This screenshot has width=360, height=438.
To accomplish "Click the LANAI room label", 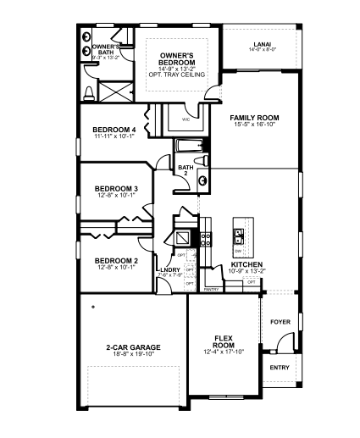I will click(262, 44).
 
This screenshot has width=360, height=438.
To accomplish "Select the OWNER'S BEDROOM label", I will click(178, 59).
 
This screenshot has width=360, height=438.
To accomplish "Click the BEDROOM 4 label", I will click(114, 130).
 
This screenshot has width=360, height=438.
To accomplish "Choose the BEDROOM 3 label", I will click(116, 188).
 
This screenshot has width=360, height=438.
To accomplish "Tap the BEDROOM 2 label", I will click(116, 260).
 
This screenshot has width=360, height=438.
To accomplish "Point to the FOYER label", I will click(280, 322).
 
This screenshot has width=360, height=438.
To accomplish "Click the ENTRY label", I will click(280, 368).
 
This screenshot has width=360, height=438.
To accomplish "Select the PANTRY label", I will click(212, 289).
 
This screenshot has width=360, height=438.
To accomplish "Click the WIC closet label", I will click(186, 119).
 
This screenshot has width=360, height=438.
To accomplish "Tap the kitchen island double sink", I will click(239, 236).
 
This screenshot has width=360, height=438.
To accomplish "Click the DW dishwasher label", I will click(238, 252).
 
